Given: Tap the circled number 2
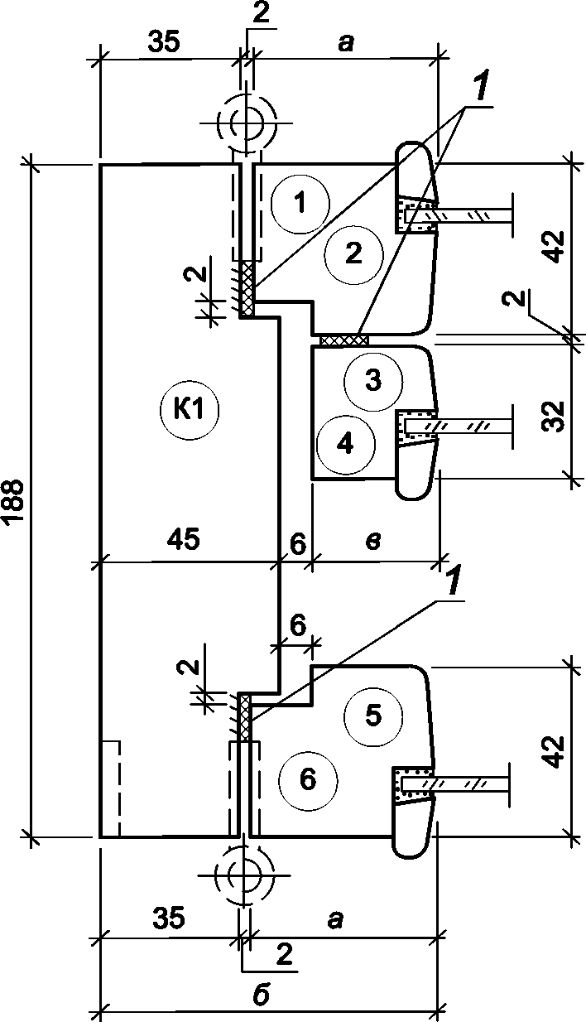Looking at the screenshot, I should (353, 256).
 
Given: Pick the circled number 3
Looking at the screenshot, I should (373, 381).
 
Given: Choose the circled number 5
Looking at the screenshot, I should (373, 716).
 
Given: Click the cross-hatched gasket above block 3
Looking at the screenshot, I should (343, 339).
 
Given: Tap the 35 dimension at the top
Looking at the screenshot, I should (165, 41).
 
